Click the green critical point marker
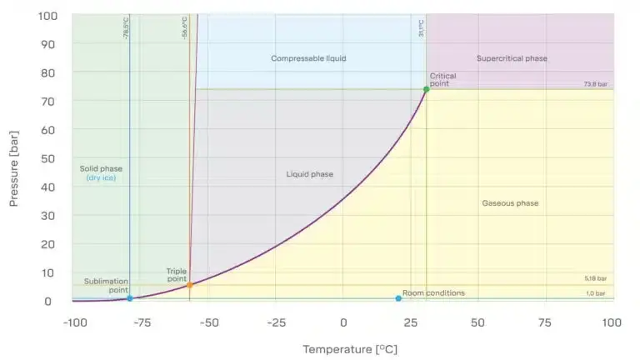click(x=426, y=89)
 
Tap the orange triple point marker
click(x=189, y=285)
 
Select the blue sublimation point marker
click(x=130, y=298)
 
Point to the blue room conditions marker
click(x=398, y=298)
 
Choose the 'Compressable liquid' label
click(x=308, y=58)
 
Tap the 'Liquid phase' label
click(x=309, y=174)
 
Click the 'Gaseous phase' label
click(x=510, y=203)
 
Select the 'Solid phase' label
click(x=101, y=168)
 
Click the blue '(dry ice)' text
click(x=101, y=178)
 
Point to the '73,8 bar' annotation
click(x=595, y=85)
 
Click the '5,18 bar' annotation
click(x=595, y=279)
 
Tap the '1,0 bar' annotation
click(x=595, y=293)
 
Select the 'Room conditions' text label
click(x=433, y=292)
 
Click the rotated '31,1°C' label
click(x=422, y=28)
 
